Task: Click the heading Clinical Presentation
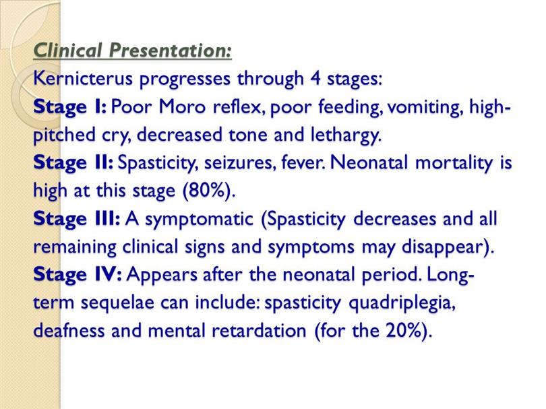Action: click(x=132, y=51)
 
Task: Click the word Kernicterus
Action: click(x=83, y=78)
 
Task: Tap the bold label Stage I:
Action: click(x=69, y=107)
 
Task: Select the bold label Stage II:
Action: click(x=73, y=163)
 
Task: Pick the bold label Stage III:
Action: click(x=77, y=219)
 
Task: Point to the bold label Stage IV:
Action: click(x=78, y=275)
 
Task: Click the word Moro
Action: click(x=182, y=106)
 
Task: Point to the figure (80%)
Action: click(x=206, y=191)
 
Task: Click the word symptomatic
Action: click(x=198, y=220)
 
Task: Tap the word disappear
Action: click(x=444, y=247)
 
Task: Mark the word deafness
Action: click(x=69, y=330)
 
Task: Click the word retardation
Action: click(x=259, y=330)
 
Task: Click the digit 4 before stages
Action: click(x=315, y=78)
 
